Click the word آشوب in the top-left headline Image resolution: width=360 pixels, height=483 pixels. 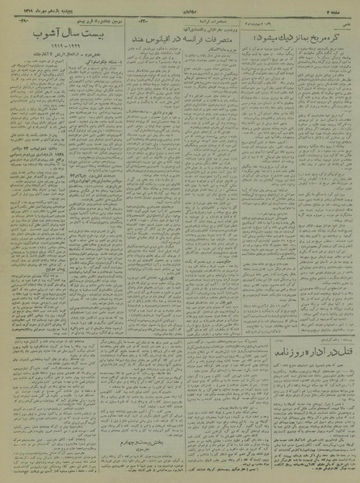click(36, 38)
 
